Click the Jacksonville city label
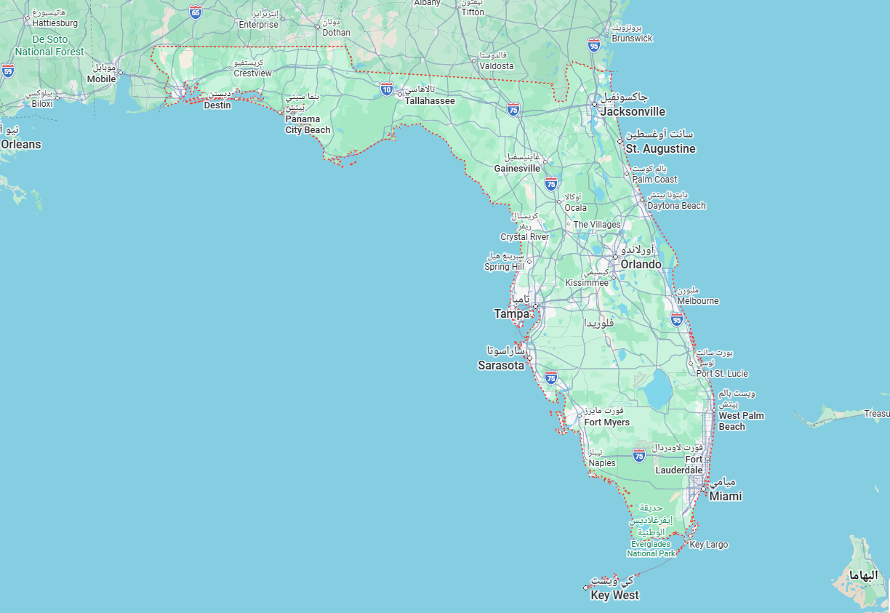tap(632, 112)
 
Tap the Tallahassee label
tap(430, 101)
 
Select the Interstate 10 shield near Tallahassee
tap(386, 89)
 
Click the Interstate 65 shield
tap(195, 12)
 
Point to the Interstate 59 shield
tap(7, 71)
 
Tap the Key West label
tap(614, 596)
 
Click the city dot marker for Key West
tap(585, 587)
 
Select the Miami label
tap(725, 496)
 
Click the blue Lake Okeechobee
tap(657, 388)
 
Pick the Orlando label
tap(641, 265)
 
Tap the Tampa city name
tap(512, 313)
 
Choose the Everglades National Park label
tap(652, 548)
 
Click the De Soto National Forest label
tap(49, 46)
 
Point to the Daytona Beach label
tap(676, 206)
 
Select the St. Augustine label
tap(660, 149)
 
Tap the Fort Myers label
tap(606, 422)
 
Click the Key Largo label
tap(708, 545)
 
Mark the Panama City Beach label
tap(307, 124)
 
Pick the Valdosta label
tap(496, 66)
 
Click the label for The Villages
tap(597, 225)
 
